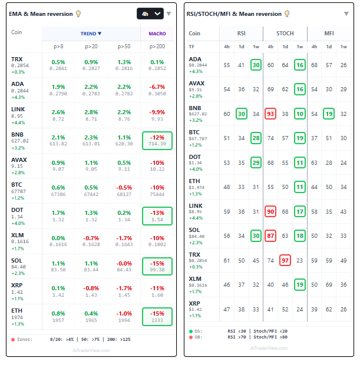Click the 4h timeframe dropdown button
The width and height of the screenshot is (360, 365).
pyautogui.click(x=150, y=14)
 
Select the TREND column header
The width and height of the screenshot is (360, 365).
pyautogui.click(x=91, y=34)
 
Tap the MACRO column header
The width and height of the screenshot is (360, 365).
pyautogui.click(x=157, y=34)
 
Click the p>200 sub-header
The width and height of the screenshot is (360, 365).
pyautogui.click(x=157, y=46)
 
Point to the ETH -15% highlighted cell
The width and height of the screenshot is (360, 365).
pyautogui.click(x=157, y=317)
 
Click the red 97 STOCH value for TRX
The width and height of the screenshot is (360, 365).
pyautogui.click(x=285, y=260)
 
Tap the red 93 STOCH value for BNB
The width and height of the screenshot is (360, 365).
pyautogui.click(x=270, y=114)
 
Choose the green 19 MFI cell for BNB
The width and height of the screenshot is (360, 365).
pyautogui.click(x=329, y=114)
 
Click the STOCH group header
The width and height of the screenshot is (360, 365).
pyautogui.click(x=285, y=34)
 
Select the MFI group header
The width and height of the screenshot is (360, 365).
pyautogui.click(x=329, y=34)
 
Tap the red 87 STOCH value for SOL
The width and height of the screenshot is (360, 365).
pyautogui.click(x=270, y=235)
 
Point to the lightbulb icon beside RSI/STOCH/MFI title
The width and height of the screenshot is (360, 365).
pyautogui.click(x=288, y=14)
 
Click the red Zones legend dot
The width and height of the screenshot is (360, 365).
pyautogui.click(x=13, y=339)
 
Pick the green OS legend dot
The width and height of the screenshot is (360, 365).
pyautogui.click(x=191, y=331)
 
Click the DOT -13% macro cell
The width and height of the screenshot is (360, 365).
pyautogui.click(x=157, y=215)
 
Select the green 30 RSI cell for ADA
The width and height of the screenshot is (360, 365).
pyautogui.click(x=256, y=65)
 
